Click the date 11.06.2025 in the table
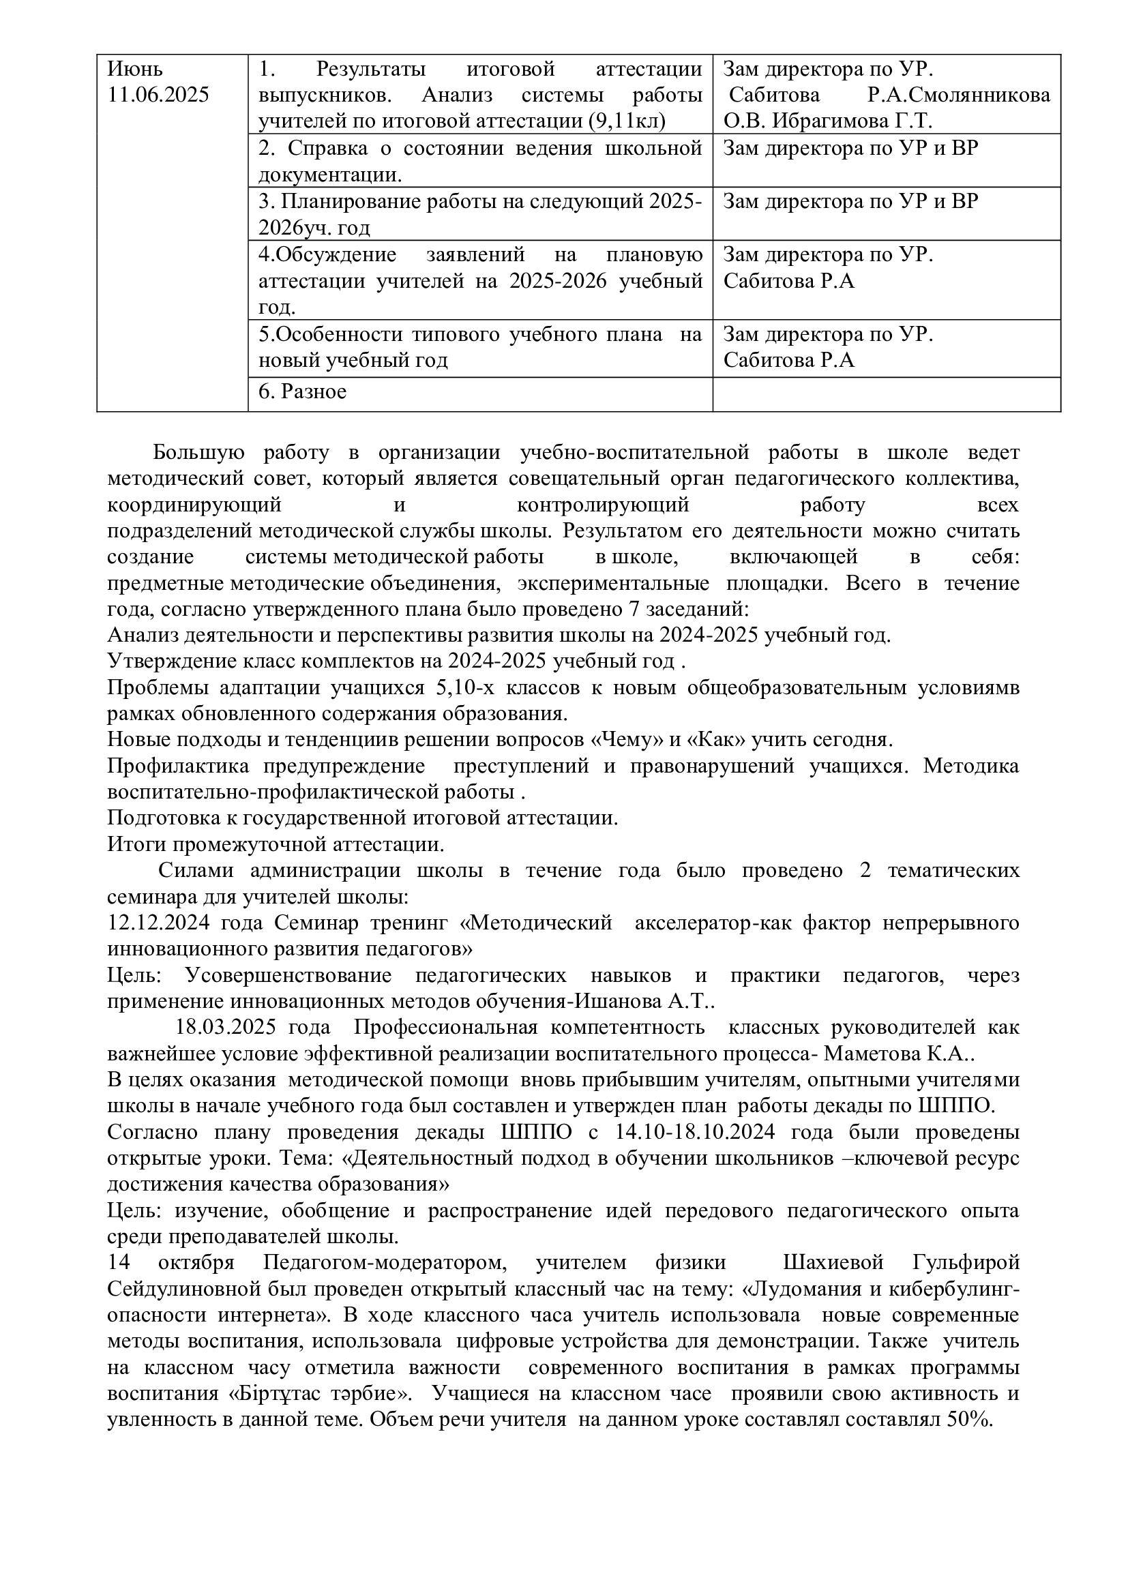point(158,95)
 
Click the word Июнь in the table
point(136,70)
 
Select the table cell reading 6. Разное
point(303,392)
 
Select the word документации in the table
point(329,175)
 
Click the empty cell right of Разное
point(887,394)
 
